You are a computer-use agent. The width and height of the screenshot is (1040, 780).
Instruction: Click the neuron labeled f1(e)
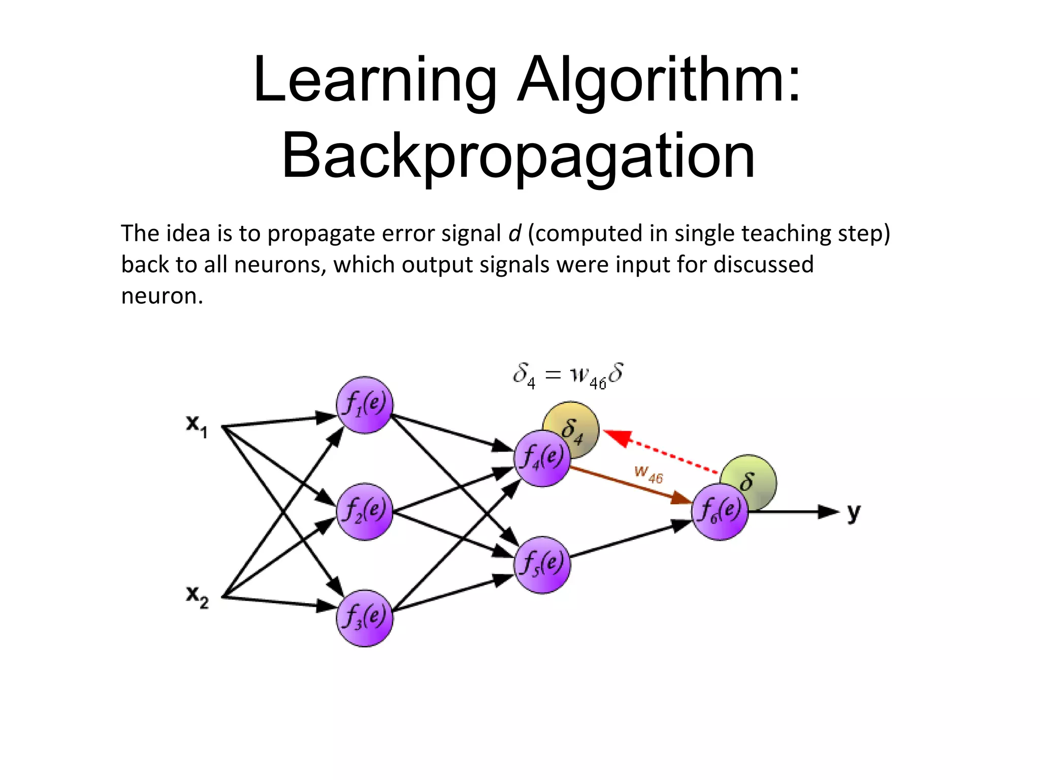coord(365,405)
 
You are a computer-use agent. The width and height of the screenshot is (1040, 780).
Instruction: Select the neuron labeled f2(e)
coord(365,511)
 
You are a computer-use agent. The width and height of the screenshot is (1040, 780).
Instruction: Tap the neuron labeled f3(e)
coord(365,618)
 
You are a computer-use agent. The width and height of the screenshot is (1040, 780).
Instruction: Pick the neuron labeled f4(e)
coord(542,459)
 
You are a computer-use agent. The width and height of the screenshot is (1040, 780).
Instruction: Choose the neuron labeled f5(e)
coord(542,565)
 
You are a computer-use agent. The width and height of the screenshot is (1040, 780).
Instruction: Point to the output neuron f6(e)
coord(720,511)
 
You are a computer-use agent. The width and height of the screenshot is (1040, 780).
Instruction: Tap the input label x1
coord(197,425)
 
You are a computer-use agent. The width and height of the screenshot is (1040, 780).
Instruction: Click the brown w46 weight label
coord(648,474)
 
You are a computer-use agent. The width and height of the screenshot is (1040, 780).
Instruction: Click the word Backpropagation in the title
coord(518,155)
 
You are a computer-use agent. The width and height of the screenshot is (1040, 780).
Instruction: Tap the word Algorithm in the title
coord(659,80)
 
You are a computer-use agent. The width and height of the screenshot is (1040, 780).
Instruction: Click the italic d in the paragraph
coord(514,234)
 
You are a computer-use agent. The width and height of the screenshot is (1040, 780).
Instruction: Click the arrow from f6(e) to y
coord(792,512)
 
